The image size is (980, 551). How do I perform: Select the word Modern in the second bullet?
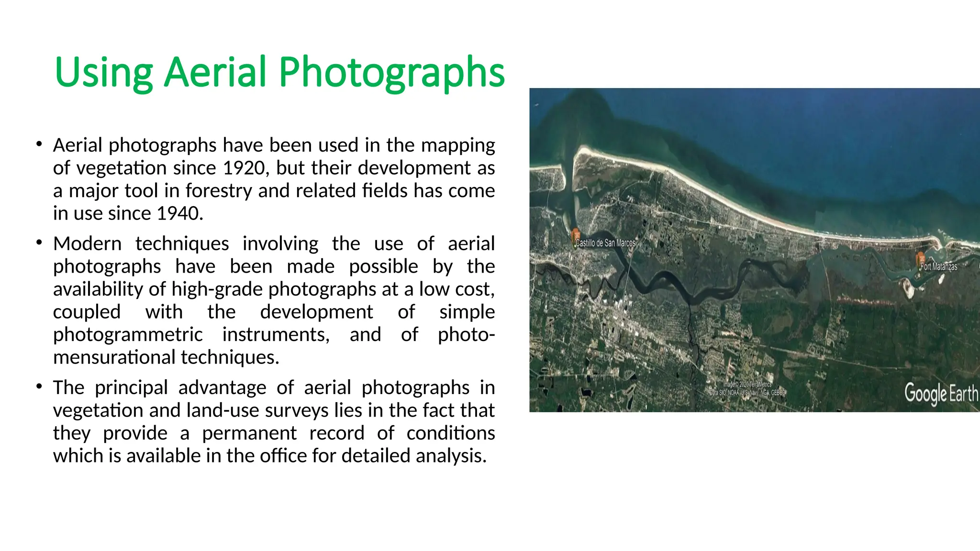(x=88, y=243)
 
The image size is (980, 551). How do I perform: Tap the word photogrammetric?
(x=128, y=334)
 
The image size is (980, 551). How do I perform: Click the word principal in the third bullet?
(x=131, y=387)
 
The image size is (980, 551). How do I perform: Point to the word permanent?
(x=249, y=433)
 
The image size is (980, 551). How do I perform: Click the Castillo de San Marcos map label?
(x=605, y=243)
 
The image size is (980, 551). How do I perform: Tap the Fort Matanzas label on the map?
(x=939, y=266)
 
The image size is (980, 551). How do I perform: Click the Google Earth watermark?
(x=941, y=394)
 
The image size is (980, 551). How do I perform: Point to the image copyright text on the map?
(x=747, y=388)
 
